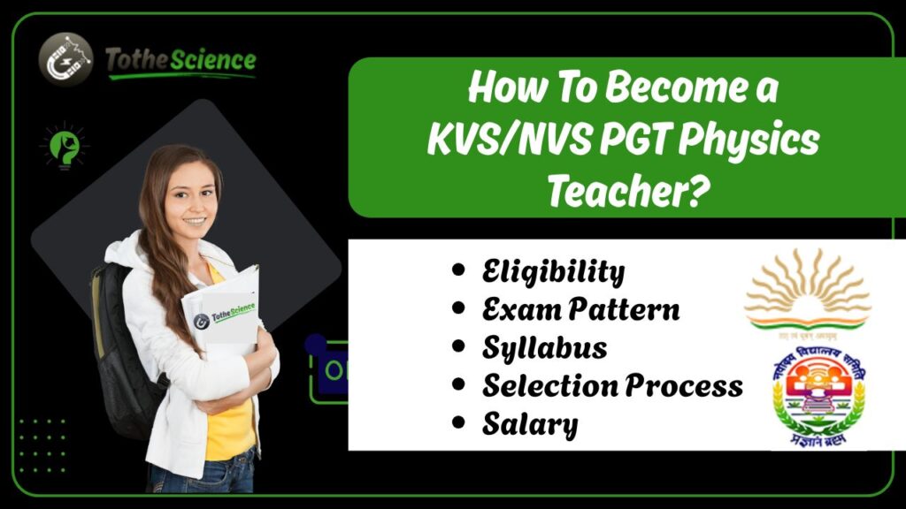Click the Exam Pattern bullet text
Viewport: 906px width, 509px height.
tap(580, 309)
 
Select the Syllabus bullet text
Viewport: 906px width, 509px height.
tap(544, 347)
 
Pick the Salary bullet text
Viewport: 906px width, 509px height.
tap(529, 424)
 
